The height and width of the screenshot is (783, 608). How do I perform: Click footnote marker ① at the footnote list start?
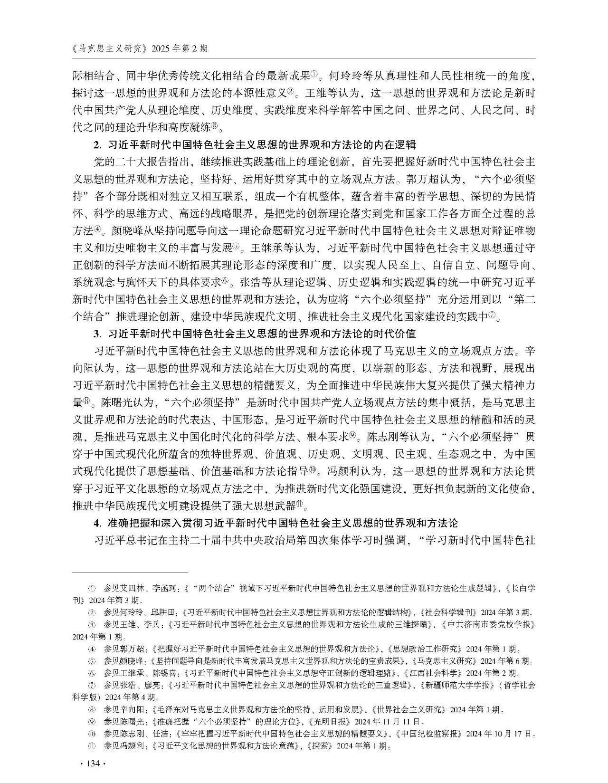[x=93, y=588]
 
